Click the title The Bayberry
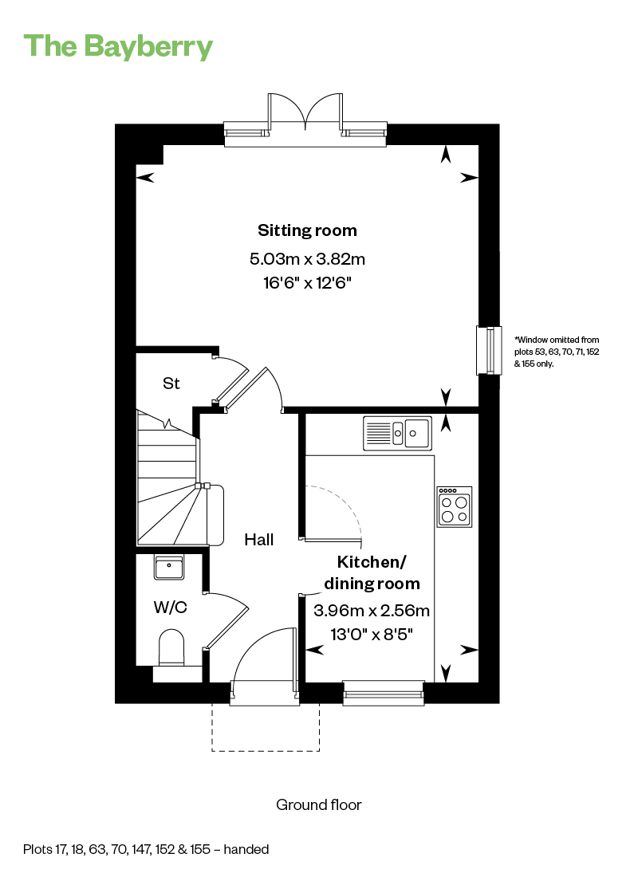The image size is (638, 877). coord(118,46)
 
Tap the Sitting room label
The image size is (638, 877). coord(307,230)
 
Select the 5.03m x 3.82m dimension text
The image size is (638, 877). coord(307,259)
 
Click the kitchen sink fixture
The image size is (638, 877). coord(397,433)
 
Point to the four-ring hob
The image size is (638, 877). coord(455,507)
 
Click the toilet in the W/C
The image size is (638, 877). coord(171,647)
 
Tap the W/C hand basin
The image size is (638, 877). coord(169,568)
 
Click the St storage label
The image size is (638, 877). coord(171,383)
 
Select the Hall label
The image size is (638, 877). coord(259,540)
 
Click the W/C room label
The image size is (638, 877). coord(171,607)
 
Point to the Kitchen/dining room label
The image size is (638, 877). coord(372,572)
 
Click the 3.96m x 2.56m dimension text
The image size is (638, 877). coord(372,610)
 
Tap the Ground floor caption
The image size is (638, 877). coord(319,805)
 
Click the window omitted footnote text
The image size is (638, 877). coord(557,352)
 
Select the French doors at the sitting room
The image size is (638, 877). coord(305,121)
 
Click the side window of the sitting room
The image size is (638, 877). coord(489,350)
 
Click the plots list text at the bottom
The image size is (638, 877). coord(146,849)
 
